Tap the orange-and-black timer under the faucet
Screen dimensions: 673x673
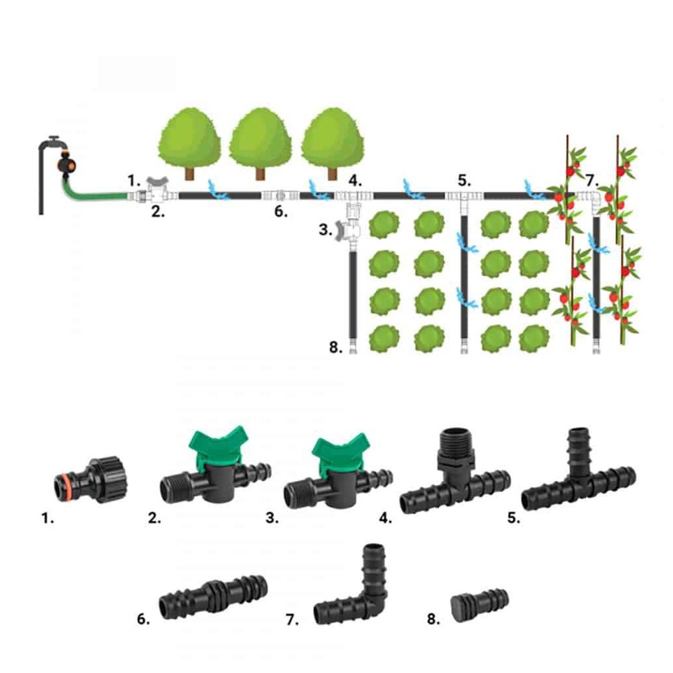(66, 164)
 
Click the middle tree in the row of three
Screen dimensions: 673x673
(260, 143)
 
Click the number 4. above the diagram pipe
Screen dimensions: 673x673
(355, 181)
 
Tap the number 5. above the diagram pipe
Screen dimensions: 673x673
(464, 181)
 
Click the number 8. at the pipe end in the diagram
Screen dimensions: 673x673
(336, 347)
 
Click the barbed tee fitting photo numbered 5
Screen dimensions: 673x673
(578, 476)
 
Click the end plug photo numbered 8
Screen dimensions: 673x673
(479, 603)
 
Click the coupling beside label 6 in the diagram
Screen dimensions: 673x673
(281, 196)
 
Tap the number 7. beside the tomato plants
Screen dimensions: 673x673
(592, 181)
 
